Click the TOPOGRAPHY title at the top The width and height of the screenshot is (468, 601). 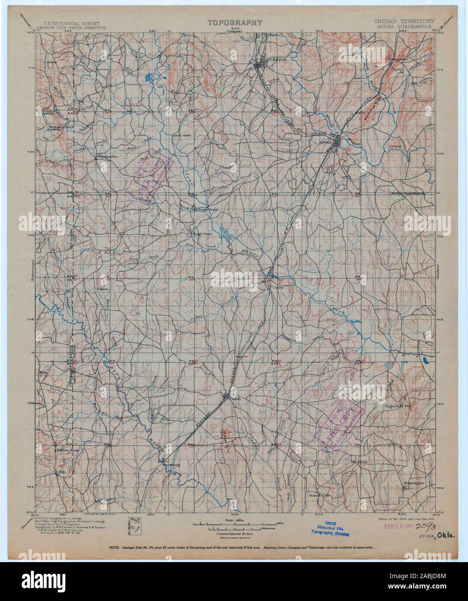pos(235,23)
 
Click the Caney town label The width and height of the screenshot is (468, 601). pos(277,286)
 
